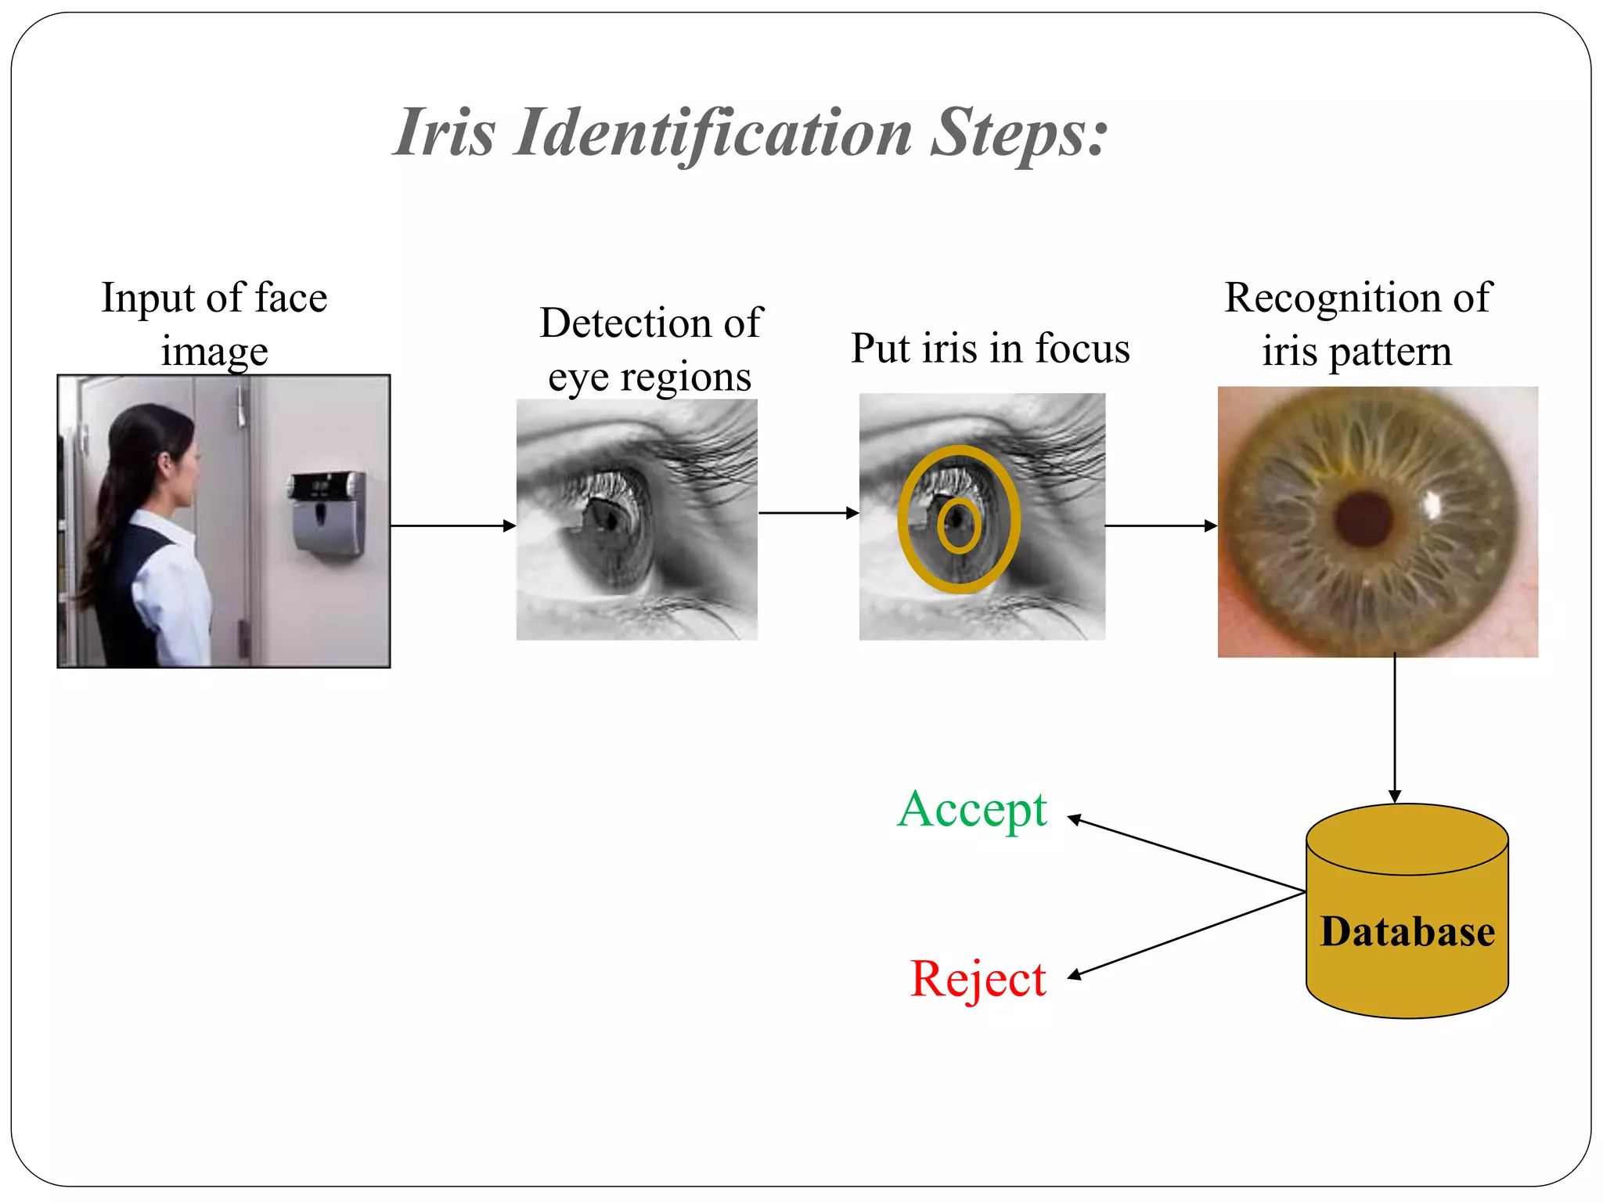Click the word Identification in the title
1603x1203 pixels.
[712, 133]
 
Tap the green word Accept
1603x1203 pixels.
[971, 811]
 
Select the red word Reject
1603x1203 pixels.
[978, 979]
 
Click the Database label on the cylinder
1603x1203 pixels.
[1407, 932]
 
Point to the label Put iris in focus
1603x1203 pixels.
[990, 349]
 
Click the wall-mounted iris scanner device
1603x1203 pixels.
[328, 513]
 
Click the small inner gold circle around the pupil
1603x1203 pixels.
[959, 526]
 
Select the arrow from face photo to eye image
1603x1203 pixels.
[452, 526]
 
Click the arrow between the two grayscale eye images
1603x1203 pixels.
[808, 513]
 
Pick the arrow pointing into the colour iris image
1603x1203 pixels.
[1161, 526]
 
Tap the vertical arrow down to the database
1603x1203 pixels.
[1394, 728]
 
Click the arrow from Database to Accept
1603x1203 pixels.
[1186, 855]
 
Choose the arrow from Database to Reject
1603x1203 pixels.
[1186, 934]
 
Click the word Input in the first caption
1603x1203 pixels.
[148, 298]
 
